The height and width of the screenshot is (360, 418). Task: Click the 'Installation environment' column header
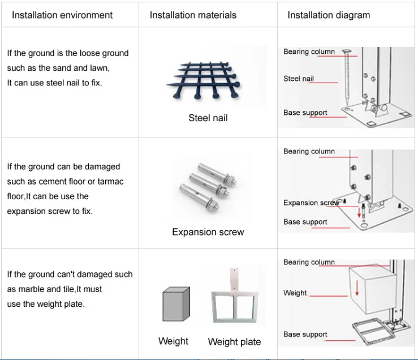click(62, 15)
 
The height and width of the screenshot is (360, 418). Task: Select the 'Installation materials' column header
click(193, 15)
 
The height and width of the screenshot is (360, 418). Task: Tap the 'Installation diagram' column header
click(329, 15)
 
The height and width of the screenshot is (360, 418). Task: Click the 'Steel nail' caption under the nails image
click(208, 118)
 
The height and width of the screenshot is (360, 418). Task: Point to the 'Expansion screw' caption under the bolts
click(208, 232)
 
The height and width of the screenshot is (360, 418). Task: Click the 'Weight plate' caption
click(234, 342)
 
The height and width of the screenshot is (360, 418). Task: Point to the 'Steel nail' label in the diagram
click(298, 79)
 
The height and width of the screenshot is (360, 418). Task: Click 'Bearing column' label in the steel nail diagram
click(309, 52)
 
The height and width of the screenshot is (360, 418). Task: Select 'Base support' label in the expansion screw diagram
click(305, 222)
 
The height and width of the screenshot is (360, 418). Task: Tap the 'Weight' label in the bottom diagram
click(295, 293)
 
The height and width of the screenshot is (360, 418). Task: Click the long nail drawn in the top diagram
click(344, 79)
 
